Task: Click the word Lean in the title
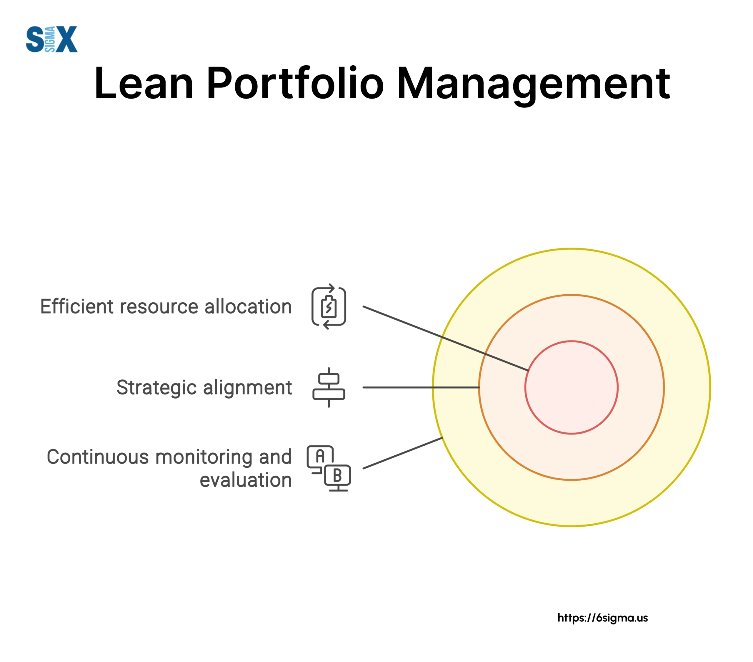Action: [144, 84]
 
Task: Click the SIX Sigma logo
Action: [51, 39]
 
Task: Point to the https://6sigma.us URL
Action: [602, 618]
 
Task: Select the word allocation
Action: [248, 307]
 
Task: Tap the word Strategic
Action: [156, 388]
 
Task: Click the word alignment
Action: [248, 388]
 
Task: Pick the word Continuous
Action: [98, 457]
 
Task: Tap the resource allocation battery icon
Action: [329, 306]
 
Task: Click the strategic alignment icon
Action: [329, 387]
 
